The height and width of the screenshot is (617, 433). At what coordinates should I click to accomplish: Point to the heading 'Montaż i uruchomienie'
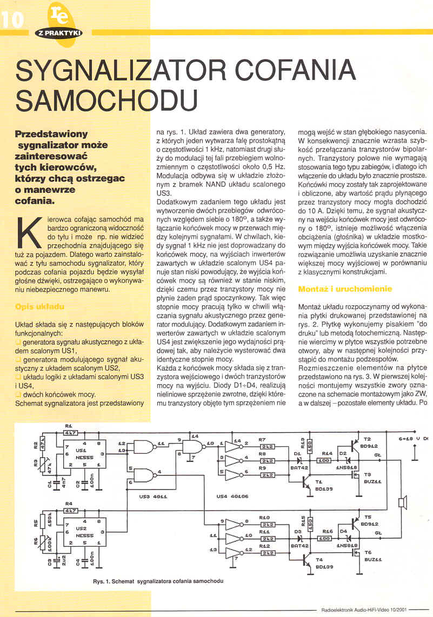coord(344,289)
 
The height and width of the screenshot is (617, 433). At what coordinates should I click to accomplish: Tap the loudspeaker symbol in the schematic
coord(401,503)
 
